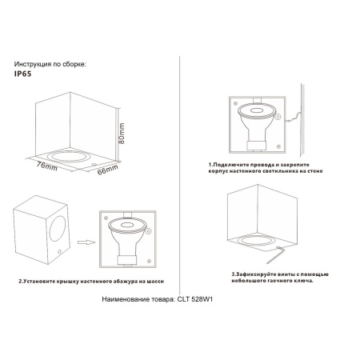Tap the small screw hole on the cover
61,254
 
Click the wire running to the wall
290,120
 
